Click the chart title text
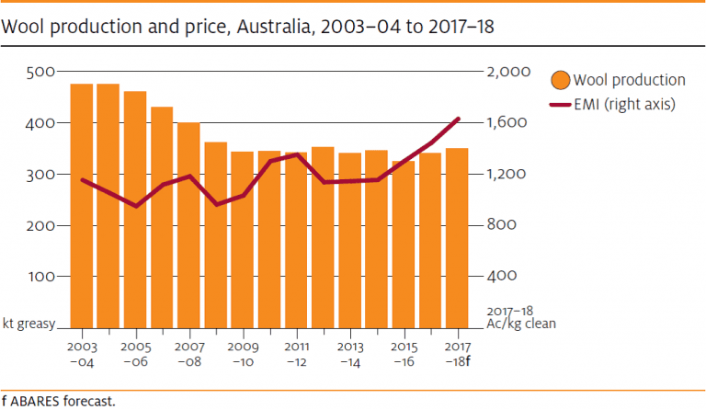(248, 27)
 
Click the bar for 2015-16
(404, 244)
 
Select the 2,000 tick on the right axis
(510, 72)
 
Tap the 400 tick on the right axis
(504, 277)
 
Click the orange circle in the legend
(560, 80)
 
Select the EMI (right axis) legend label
(625, 105)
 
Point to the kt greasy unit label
(29, 324)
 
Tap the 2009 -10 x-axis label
(243, 355)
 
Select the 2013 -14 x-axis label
(350, 355)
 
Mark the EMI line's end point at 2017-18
(459, 119)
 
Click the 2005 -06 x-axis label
(136, 355)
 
